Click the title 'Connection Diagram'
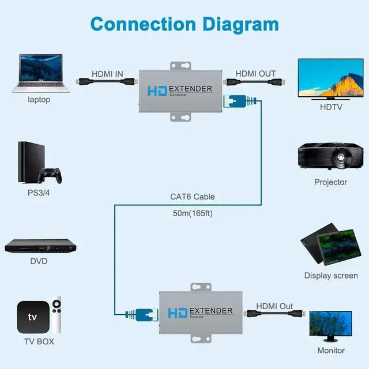tap(184, 24)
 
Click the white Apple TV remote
tap(57, 316)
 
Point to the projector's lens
tap(340, 156)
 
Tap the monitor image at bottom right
tap(330, 326)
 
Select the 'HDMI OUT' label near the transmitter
tap(255, 74)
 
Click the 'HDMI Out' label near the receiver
tap(274, 306)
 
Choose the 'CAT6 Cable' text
tap(192, 197)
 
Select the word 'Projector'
tap(330, 182)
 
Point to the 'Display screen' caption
tap(330, 276)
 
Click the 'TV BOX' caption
tap(39, 341)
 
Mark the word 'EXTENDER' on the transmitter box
tap(191, 89)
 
